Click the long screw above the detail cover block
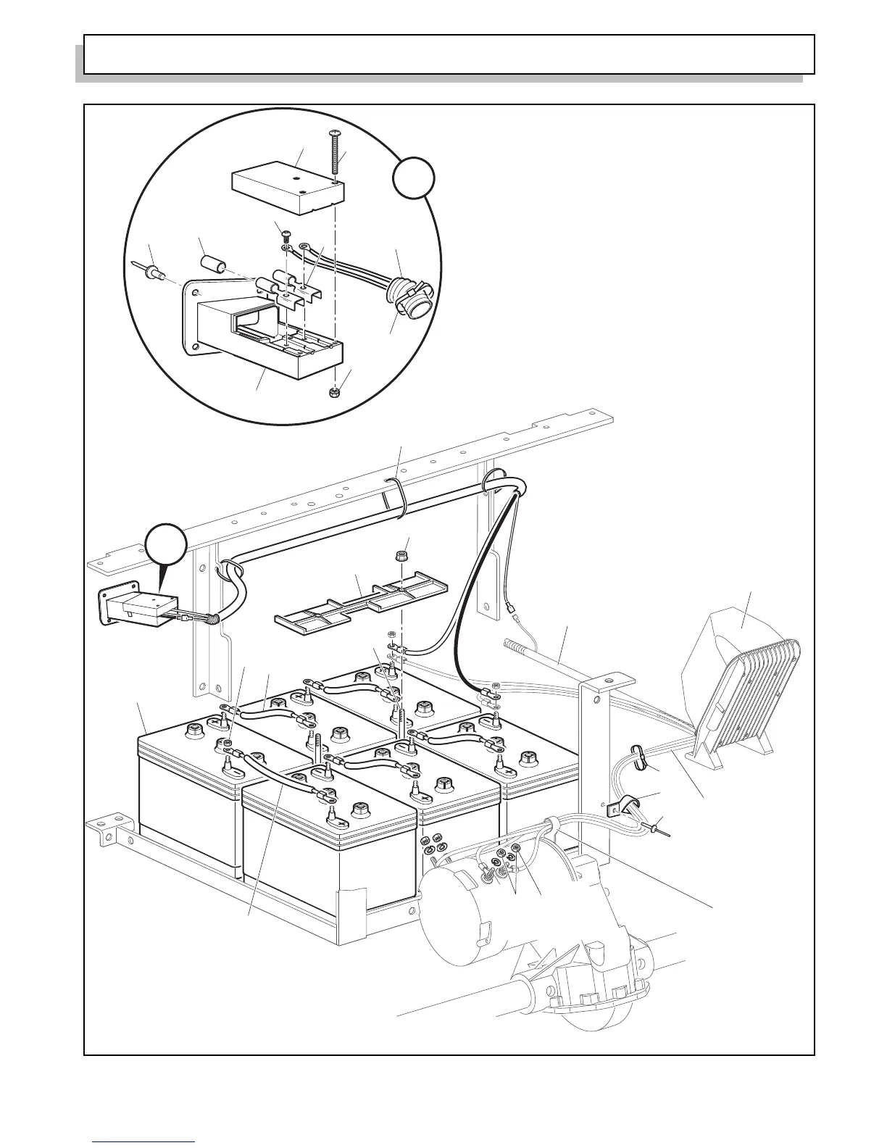(x=334, y=152)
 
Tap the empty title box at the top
(x=449, y=54)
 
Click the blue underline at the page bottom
(x=144, y=1142)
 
